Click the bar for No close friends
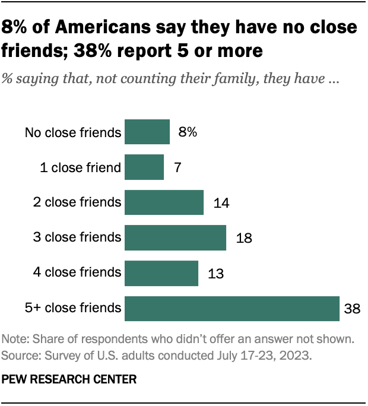point(147,132)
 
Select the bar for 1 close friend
point(144,167)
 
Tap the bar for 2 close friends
point(164,202)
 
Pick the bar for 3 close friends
point(175,237)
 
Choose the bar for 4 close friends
point(161,272)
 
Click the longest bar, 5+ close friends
point(232,307)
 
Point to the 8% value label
point(188,132)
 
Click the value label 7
point(177,168)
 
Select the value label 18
point(243,238)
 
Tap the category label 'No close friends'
point(73,132)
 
